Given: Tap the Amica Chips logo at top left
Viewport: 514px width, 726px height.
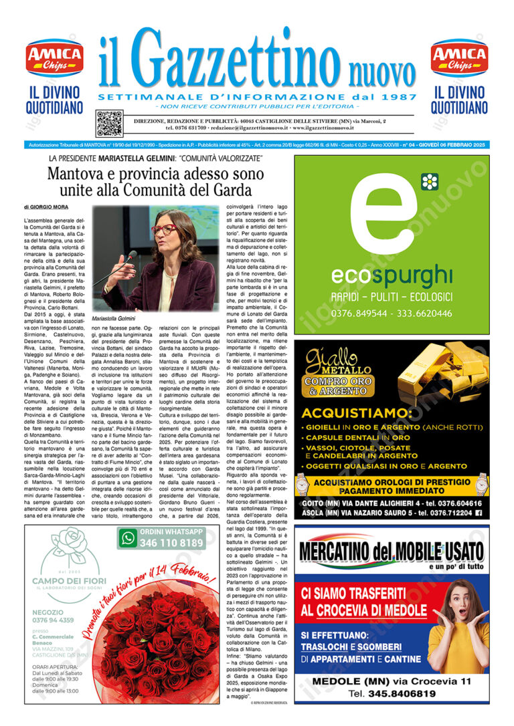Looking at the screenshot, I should (x=54, y=59).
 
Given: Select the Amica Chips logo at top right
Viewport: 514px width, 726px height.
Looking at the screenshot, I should (x=459, y=59).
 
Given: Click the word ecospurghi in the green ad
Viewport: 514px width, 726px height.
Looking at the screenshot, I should (x=392, y=275).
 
